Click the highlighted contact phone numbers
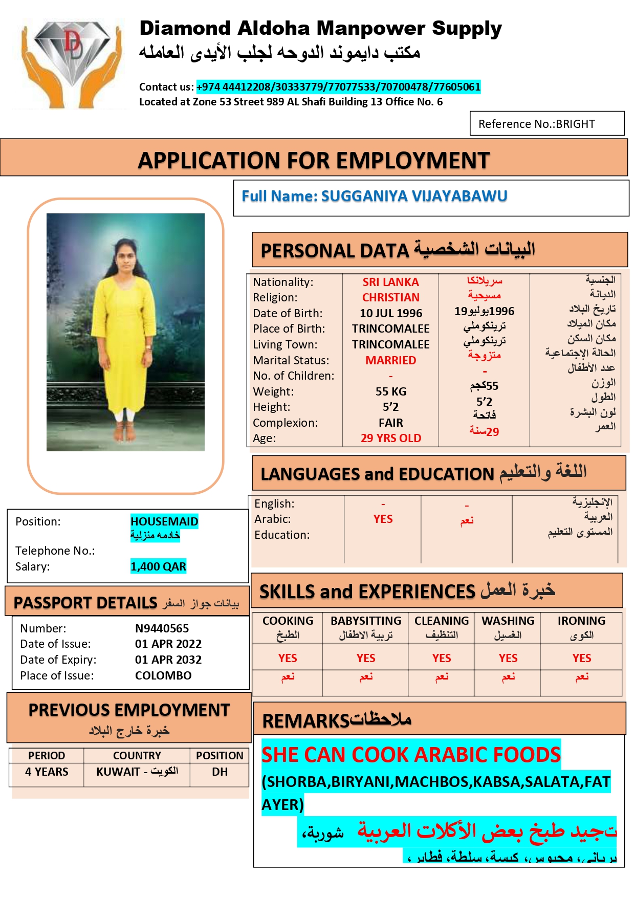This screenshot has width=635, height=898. pyautogui.click(x=338, y=87)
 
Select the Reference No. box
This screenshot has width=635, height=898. pyautogui.click(x=546, y=124)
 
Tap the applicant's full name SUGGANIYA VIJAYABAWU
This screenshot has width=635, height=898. pyautogui.click(x=414, y=196)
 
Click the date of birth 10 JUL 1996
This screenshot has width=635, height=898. pyautogui.click(x=391, y=313)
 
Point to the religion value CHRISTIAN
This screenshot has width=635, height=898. pyautogui.click(x=391, y=297)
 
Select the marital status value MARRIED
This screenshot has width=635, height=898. pyautogui.click(x=391, y=360)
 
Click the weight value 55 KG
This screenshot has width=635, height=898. pyautogui.click(x=391, y=391)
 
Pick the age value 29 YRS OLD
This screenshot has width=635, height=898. pyautogui.click(x=391, y=438)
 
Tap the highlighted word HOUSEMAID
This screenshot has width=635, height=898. pyautogui.click(x=164, y=521)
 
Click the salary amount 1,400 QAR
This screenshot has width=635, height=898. pyautogui.click(x=158, y=566)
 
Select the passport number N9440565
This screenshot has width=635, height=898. pyautogui.click(x=162, y=628)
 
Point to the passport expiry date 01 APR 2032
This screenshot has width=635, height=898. pyautogui.click(x=168, y=660)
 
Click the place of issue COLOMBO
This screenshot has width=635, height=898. pyautogui.click(x=163, y=675)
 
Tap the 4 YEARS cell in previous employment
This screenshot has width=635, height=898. pyautogui.click(x=47, y=772)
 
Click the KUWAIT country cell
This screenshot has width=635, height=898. pyautogui.click(x=137, y=772)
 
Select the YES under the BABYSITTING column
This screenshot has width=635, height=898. pyautogui.click(x=366, y=658)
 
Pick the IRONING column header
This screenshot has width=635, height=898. pyautogui.click(x=581, y=621)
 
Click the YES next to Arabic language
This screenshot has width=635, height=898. pyautogui.click(x=383, y=519)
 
